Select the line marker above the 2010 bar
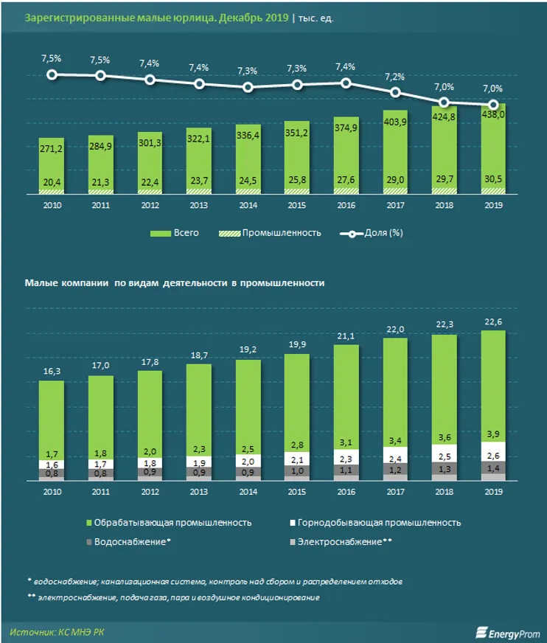coord(52,74)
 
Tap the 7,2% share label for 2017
coord(395,77)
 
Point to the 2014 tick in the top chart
coord(248,206)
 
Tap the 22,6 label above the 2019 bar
coord(493,320)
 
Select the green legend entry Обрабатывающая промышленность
coord(170,522)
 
